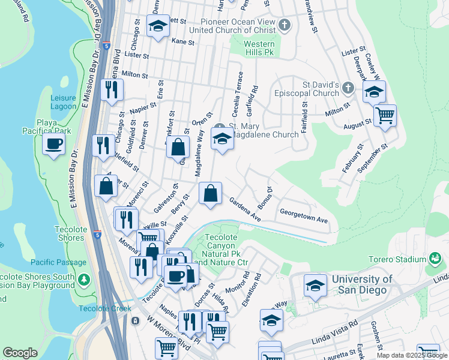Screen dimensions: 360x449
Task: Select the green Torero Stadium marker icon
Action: click(436, 259)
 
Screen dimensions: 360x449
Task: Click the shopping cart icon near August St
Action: click(385, 115)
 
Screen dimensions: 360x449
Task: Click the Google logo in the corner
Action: click(20, 353)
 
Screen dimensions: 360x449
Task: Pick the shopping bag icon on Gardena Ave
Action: click(210, 194)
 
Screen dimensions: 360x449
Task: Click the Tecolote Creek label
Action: click(104, 308)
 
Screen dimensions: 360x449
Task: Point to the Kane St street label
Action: click(183, 43)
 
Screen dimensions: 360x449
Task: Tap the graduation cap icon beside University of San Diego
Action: click(315, 286)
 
